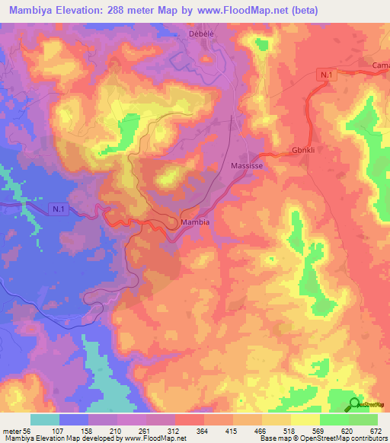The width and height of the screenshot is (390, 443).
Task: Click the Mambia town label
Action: coord(196,222)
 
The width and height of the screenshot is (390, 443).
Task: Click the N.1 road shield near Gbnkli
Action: coord(327,74)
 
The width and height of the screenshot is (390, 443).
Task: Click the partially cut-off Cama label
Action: coord(380,66)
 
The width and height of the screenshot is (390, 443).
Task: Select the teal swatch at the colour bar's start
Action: coord(45,419)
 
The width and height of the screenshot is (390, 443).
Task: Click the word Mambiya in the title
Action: coord(31,11)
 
